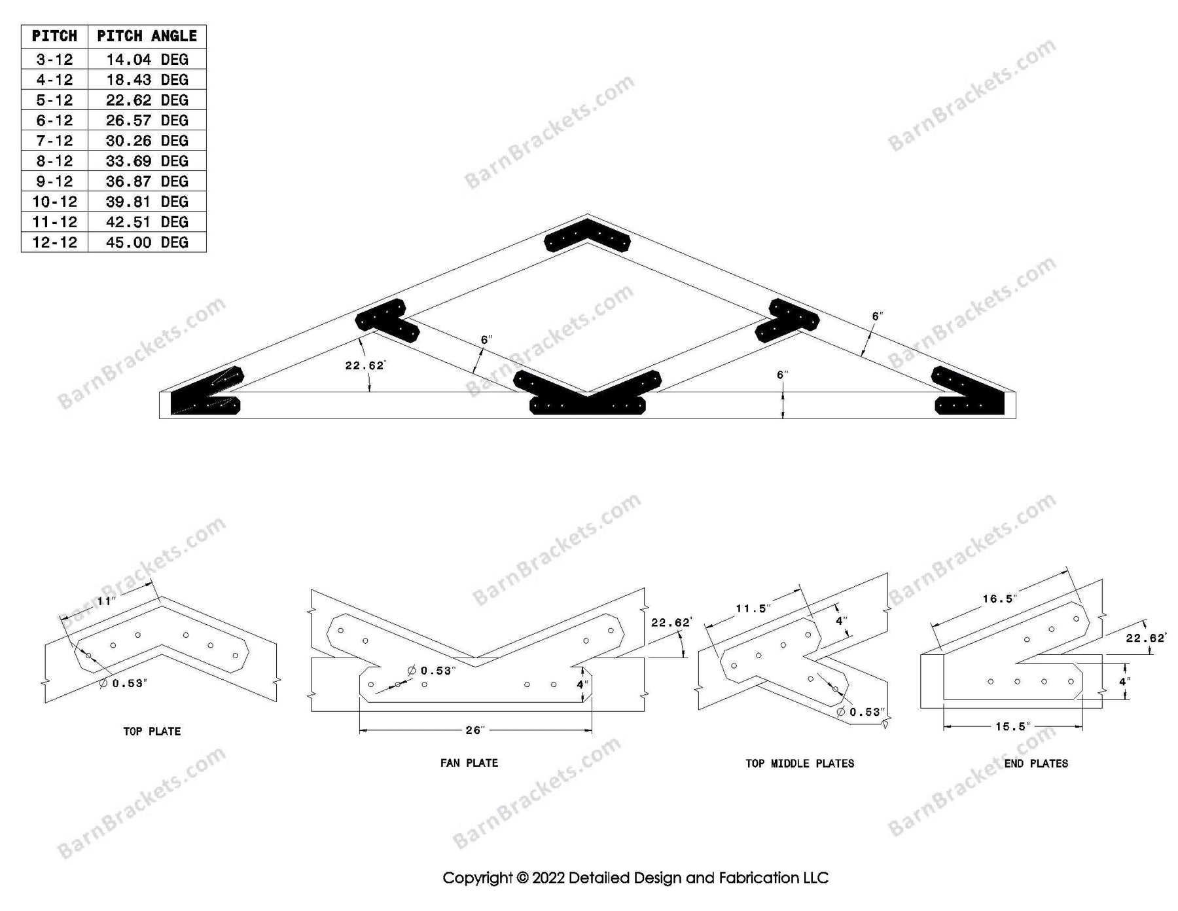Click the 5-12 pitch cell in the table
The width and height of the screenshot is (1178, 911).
(x=54, y=100)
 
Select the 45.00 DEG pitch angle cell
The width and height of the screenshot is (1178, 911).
(x=147, y=242)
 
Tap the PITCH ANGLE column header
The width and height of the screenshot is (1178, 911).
(x=147, y=36)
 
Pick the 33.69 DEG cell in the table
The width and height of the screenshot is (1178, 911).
(x=147, y=161)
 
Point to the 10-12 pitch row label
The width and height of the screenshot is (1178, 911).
(x=54, y=202)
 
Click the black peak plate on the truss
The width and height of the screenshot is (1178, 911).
(x=587, y=239)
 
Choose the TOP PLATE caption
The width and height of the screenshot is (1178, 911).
(x=152, y=731)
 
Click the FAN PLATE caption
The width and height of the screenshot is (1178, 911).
(x=469, y=762)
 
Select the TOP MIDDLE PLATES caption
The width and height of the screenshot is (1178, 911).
(x=800, y=763)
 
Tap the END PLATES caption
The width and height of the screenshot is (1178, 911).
(x=1036, y=763)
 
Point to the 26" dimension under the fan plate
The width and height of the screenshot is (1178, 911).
(x=474, y=730)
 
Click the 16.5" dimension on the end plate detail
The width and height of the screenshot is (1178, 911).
(x=999, y=599)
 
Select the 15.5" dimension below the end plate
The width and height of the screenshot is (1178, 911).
(x=1012, y=726)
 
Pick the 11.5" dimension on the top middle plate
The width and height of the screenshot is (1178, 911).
(x=753, y=608)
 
